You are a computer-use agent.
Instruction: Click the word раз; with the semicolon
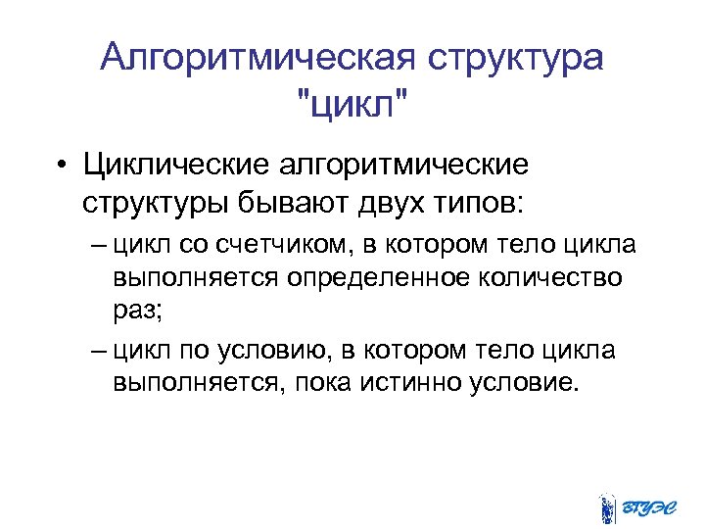pyautogui.click(x=136, y=312)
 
